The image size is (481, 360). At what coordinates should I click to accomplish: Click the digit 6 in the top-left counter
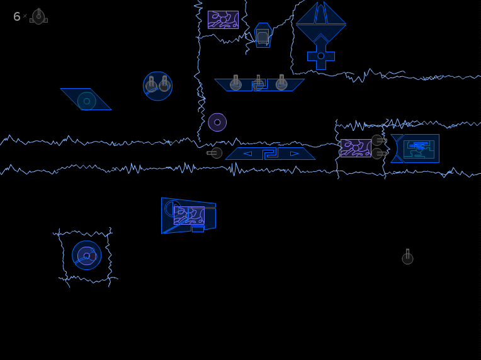coord(16,16)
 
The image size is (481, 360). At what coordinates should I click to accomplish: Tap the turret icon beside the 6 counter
coord(38,16)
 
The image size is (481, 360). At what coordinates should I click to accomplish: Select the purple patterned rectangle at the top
coord(223,20)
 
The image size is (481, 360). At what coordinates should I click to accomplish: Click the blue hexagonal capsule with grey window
coord(263,35)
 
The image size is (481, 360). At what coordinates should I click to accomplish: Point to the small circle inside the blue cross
coord(321,56)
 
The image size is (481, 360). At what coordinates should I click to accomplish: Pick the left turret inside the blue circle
coord(151,84)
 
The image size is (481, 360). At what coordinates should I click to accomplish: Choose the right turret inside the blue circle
coord(165,84)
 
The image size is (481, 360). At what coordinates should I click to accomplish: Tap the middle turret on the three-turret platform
coord(258,83)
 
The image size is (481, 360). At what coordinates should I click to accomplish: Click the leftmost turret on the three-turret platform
coord(235,83)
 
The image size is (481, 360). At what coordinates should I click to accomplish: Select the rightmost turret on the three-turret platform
coord(281,83)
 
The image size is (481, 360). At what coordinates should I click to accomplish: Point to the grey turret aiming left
coord(215,153)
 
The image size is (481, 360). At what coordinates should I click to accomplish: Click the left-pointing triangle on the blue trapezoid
coord(247,154)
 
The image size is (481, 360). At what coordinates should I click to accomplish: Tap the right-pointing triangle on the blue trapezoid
coord(294,154)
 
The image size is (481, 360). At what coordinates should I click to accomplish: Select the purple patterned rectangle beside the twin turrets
coord(356,148)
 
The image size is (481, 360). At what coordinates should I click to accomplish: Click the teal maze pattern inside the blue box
coord(419,149)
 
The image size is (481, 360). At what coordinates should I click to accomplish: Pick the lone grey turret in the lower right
coord(408,257)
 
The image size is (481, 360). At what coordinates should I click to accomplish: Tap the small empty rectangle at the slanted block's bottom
coord(198,229)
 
